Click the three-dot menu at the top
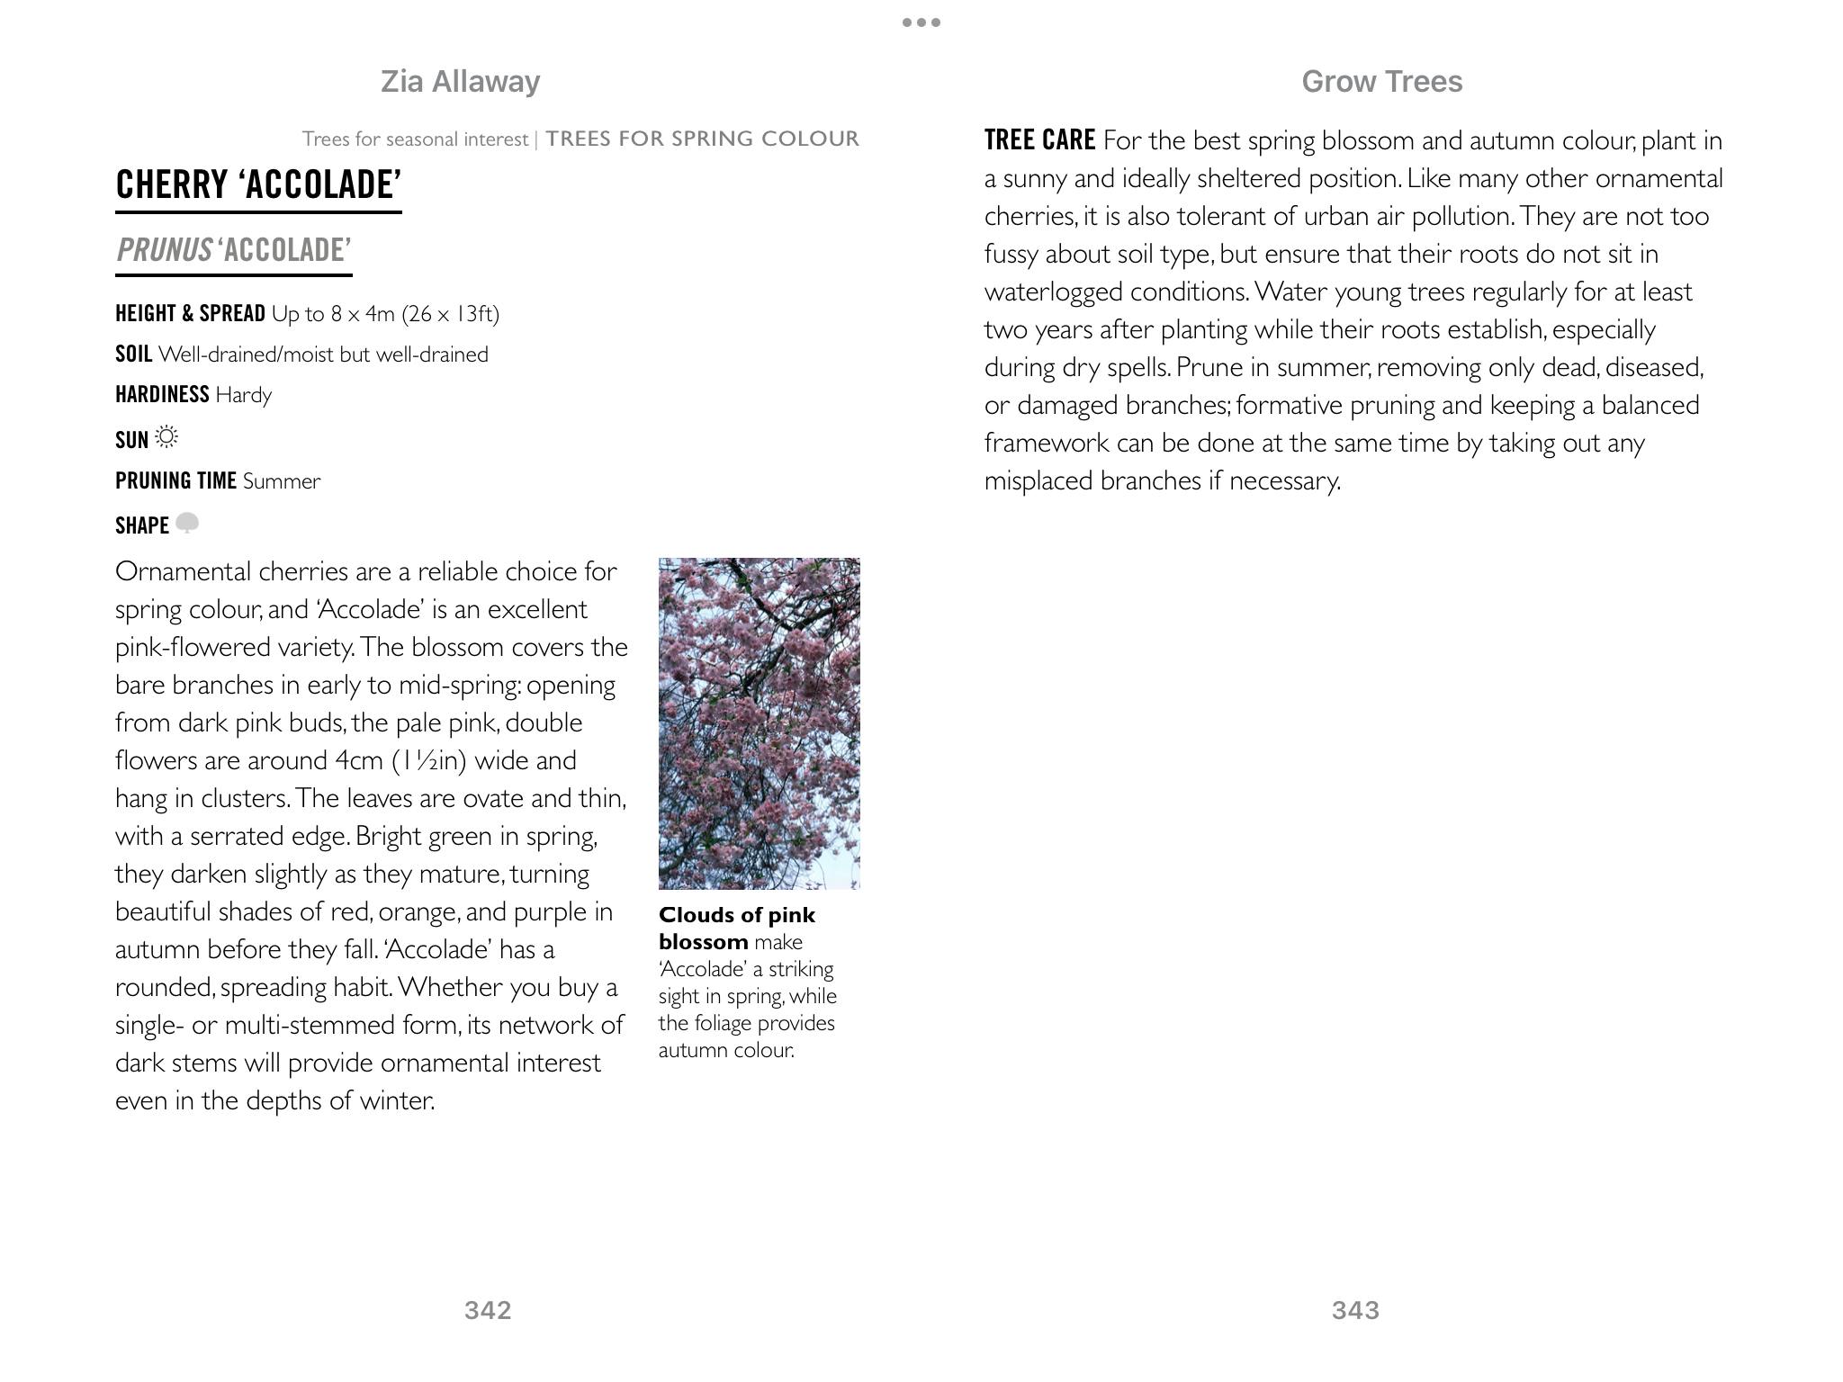click(x=921, y=22)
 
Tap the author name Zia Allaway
click(x=460, y=82)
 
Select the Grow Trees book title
click(x=1381, y=82)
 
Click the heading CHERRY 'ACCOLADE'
click(x=258, y=184)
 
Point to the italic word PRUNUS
click(x=165, y=250)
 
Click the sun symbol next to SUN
click(x=166, y=438)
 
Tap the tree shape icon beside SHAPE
click(x=186, y=524)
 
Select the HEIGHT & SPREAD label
click(x=190, y=313)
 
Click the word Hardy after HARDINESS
click(x=243, y=395)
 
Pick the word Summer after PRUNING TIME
click(x=282, y=481)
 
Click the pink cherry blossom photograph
click(x=759, y=722)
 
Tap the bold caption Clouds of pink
click(x=737, y=915)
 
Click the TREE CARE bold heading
click(x=1039, y=140)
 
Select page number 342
click(x=488, y=1310)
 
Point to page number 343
click(x=1355, y=1310)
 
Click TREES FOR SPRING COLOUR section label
click(x=702, y=139)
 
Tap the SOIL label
click(x=133, y=354)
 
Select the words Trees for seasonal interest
click(x=415, y=139)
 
